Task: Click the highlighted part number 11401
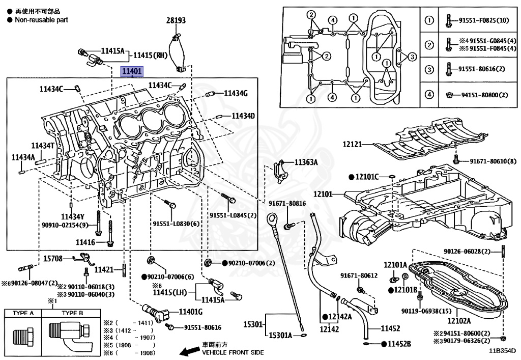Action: [131, 72]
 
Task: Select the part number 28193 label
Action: [176, 20]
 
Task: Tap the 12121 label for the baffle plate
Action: [352, 145]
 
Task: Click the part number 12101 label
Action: [322, 194]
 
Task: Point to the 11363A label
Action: [306, 162]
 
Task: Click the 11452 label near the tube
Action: [390, 328]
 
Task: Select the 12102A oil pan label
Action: [459, 321]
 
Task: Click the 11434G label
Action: [236, 93]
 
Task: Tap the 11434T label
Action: [43, 145]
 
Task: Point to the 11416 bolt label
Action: [85, 242]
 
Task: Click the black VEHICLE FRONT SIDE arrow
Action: [190, 351]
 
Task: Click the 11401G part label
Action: [190, 312]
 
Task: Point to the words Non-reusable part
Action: [41, 20]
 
